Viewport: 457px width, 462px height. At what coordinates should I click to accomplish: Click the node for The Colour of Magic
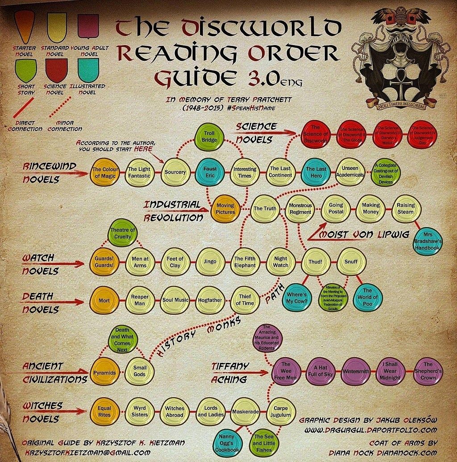tap(104, 172)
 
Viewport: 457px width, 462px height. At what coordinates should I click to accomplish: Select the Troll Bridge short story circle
tap(209, 137)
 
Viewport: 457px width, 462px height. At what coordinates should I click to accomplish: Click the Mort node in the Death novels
tap(104, 300)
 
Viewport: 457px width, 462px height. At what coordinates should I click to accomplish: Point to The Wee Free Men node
tap(286, 371)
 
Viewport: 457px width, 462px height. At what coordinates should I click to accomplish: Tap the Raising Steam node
tap(406, 208)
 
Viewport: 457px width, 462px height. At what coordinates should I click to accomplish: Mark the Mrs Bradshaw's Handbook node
tap(428, 241)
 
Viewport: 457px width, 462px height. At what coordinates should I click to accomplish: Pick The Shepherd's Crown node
tap(428, 370)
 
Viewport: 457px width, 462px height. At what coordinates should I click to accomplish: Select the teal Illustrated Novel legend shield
tap(87, 70)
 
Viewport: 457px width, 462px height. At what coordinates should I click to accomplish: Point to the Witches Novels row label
tap(41, 412)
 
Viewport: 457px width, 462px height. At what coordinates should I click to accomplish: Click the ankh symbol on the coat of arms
tap(394, 85)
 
